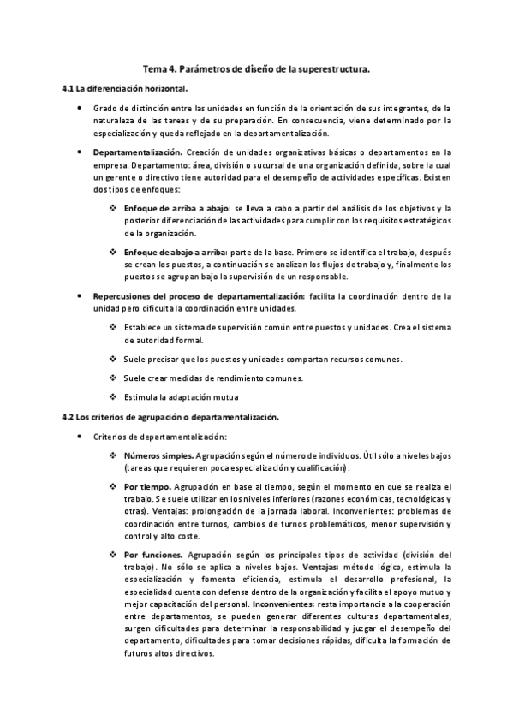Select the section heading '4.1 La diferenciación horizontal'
pyautogui.click(x=125, y=88)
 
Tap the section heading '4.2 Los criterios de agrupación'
pyautogui.click(x=171, y=417)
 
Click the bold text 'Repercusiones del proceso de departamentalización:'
pyautogui.click(x=198, y=295)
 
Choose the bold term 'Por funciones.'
pyautogui.click(x=152, y=554)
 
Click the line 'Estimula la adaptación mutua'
pyautogui.click(x=181, y=397)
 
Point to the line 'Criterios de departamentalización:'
pyautogui.click(x=154, y=437)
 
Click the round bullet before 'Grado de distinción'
pyautogui.click(x=80, y=109)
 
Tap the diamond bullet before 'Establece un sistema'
pyautogui.click(x=114, y=327)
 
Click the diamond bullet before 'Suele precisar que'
pyautogui.click(x=114, y=359)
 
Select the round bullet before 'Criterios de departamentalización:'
pyautogui.click(x=80, y=437)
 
